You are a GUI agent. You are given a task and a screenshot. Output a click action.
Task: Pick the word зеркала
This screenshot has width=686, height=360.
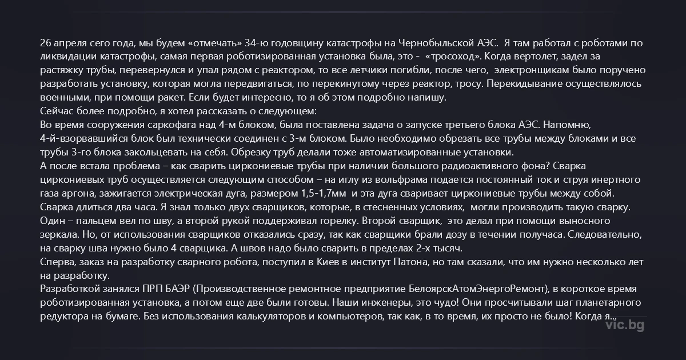pyautogui.click(x=58, y=234)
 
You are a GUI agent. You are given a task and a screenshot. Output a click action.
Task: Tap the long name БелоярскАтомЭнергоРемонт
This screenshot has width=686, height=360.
pyautogui.click(x=478, y=289)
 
